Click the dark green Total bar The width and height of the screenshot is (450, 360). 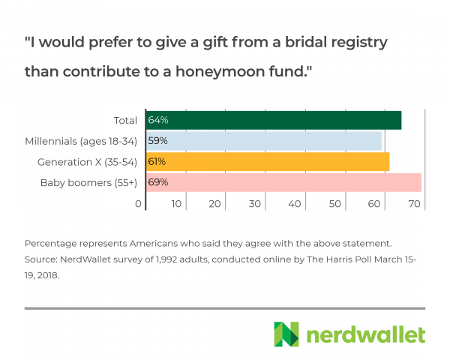pyautogui.click(x=273, y=120)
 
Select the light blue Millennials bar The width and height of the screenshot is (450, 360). pyautogui.click(x=263, y=141)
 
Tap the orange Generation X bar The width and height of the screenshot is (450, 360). pyautogui.click(x=267, y=161)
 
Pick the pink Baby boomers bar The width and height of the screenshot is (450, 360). pyautogui.click(x=283, y=182)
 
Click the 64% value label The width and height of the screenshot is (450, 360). pyautogui.click(x=157, y=120)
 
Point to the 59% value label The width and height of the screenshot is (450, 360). pyautogui.click(x=157, y=141)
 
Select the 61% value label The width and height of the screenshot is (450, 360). pyautogui.click(x=157, y=161)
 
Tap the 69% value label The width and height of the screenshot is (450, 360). pyautogui.click(x=157, y=182)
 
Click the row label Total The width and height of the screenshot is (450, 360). pyautogui.click(x=124, y=120)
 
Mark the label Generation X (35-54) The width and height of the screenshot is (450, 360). pyautogui.click(x=87, y=161)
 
